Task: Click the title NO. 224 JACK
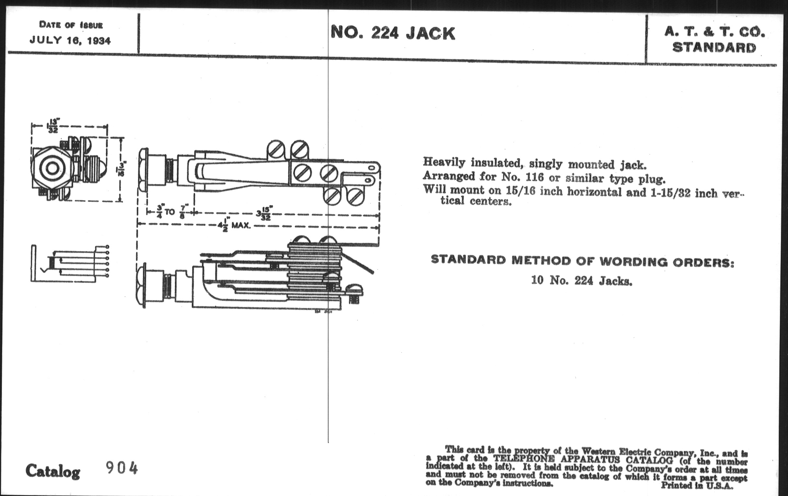(393, 33)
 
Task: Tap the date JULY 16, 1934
(70, 41)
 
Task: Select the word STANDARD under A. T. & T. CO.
(714, 48)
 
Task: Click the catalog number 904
(122, 468)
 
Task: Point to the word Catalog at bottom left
(53, 471)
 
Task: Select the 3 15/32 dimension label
(264, 213)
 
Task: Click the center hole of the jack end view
(52, 168)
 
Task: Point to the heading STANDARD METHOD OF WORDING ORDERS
(583, 261)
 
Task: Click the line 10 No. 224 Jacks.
(582, 281)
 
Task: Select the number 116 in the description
(534, 177)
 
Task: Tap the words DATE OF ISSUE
(71, 25)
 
